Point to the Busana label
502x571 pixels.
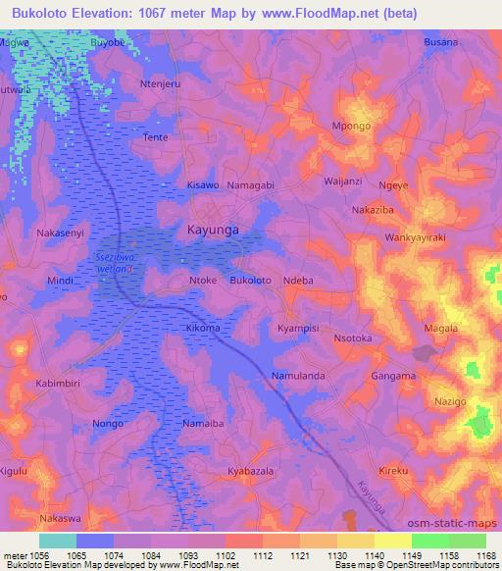[441, 43]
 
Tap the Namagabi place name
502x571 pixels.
[250, 184]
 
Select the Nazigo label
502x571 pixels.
[450, 403]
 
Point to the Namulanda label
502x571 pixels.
[299, 376]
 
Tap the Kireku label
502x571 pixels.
[393, 472]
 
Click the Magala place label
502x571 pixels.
[439, 329]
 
